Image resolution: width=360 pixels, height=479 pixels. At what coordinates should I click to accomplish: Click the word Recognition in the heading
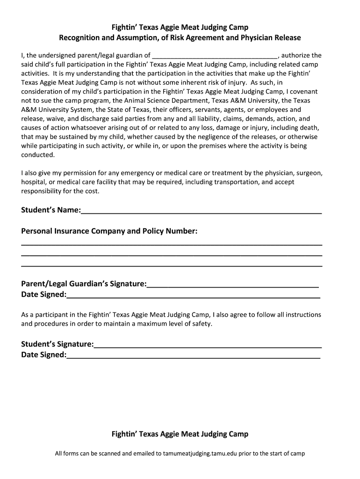(79, 37)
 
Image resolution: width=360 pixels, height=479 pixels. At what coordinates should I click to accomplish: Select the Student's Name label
(50, 210)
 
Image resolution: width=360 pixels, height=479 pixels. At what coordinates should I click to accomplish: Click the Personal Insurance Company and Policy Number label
(109, 231)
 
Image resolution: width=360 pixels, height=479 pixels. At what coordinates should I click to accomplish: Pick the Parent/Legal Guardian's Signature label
(84, 284)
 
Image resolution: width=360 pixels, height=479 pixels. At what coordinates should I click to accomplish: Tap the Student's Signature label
(57, 344)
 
